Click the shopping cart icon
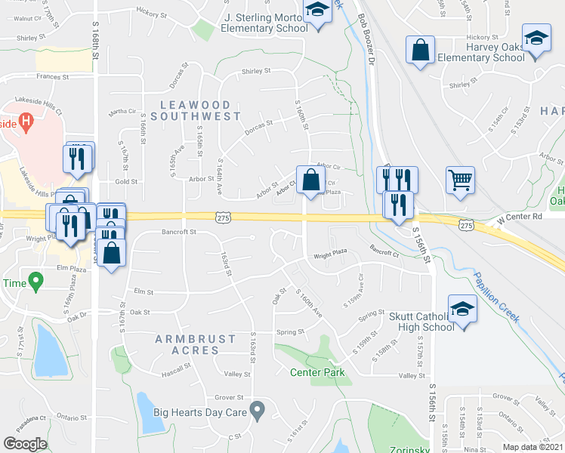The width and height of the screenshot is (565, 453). point(460,180)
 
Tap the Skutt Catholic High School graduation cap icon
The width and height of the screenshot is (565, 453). point(462,309)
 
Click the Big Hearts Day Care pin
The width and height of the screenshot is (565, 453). point(258,411)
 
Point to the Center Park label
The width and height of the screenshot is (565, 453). point(317,372)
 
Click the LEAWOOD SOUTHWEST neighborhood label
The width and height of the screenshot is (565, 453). point(196,110)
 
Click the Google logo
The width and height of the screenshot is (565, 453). point(25,443)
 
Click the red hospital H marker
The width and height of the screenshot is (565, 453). point(26,120)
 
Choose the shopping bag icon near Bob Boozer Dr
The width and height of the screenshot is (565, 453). point(419,51)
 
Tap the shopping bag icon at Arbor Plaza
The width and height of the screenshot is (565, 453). point(310,180)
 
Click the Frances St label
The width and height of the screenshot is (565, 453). point(51,76)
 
